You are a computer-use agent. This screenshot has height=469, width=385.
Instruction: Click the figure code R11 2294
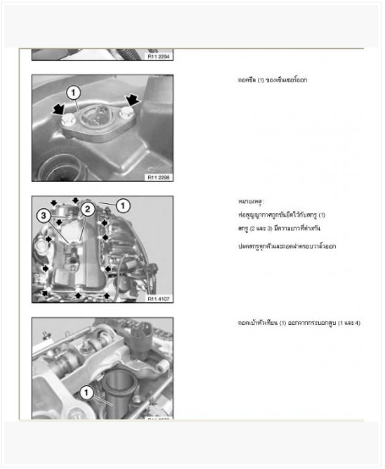[159, 56]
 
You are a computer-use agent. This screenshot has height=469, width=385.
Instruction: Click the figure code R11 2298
[159, 178]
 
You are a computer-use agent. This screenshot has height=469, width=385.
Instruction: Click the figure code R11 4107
[159, 299]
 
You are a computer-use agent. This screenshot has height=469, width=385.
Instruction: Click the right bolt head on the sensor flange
[125, 113]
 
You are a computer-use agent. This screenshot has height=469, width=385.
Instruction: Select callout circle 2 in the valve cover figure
[86, 207]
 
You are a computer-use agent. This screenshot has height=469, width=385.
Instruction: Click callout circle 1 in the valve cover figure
[123, 205]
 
